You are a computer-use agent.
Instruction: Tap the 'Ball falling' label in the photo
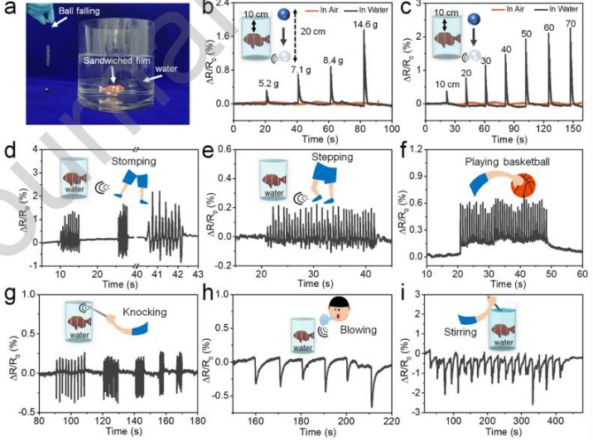[75, 13]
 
